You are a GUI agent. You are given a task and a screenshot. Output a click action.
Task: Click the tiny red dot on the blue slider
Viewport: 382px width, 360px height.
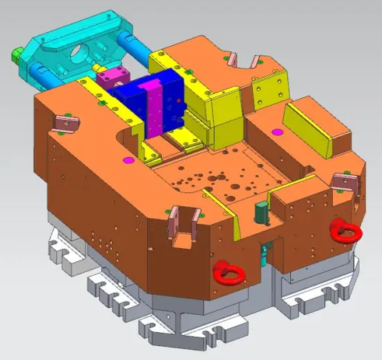pos(180,100)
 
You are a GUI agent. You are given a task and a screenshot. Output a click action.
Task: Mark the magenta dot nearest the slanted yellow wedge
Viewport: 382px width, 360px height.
pos(276,131)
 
